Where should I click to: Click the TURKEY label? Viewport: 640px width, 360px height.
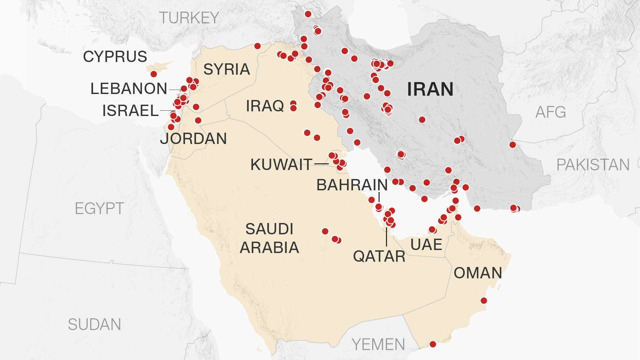189,18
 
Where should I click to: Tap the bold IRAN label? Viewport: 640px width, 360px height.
430,89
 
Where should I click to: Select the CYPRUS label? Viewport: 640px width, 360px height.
115,57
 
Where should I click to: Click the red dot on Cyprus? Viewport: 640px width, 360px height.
154,74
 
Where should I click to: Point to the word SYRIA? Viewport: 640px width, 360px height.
227,69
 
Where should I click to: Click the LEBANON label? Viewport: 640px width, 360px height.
129,89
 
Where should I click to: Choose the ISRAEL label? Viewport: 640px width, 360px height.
130,111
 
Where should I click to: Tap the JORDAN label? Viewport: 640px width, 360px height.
193,139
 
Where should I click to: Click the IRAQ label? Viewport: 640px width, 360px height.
265,106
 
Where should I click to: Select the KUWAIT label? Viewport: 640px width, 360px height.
281,165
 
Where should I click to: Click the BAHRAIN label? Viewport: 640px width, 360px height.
352,185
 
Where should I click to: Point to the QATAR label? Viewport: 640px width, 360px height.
379,256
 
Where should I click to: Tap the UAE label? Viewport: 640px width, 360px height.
426,245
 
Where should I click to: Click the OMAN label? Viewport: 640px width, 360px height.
478,273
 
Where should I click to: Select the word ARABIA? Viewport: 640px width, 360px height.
269,248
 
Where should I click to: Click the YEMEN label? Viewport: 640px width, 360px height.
378,345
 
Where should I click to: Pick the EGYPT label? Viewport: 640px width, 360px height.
99,209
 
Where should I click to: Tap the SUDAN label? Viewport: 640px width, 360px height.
94,325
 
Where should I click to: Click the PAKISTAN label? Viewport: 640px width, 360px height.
593,165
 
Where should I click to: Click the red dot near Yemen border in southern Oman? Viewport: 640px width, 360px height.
433,344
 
